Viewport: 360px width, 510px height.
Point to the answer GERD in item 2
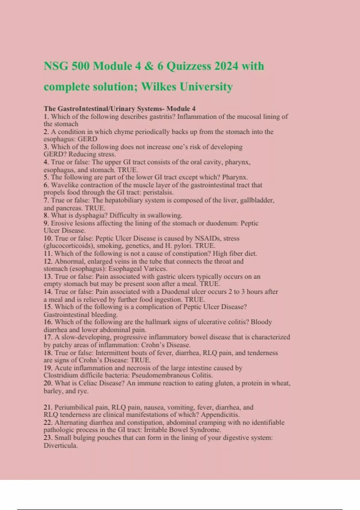87,139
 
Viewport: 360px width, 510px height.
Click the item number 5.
46,177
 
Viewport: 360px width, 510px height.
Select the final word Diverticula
60,445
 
